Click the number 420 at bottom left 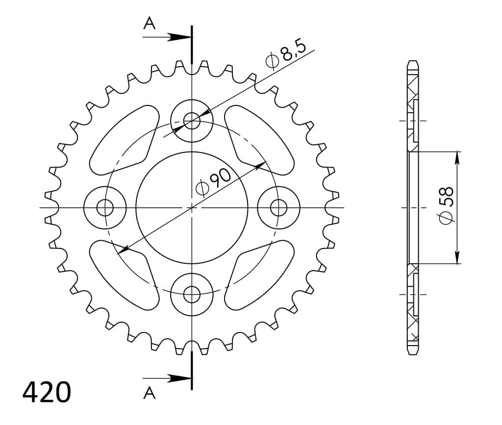(x=47, y=392)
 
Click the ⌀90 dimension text (x=213, y=182)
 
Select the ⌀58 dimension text (x=446, y=205)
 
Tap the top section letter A (x=149, y=24)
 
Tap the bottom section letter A (x=149, y=393)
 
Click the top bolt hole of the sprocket (x=192, y=121)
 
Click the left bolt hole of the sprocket (x=105, y=208)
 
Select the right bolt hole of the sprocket (x=278, y=208)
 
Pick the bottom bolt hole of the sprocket (x=192, y=295)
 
